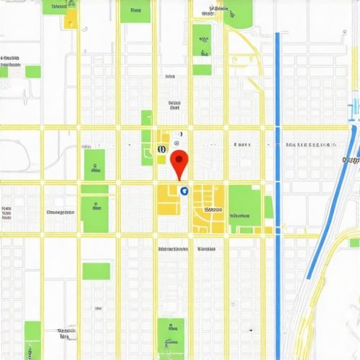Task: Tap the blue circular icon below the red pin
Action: (x=184, y=191)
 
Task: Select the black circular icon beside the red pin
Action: (x=160, y=149)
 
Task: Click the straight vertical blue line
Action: (x=278, y=180)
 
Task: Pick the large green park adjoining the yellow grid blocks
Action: (x=245, y=204)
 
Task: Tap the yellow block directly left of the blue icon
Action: (x=168, y=199)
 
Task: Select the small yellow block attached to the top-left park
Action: (x=70, y=19)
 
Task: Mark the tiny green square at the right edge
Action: (x=354, y=243)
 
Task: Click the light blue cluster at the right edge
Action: (x=354, y=112)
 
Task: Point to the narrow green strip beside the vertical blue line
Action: (x=269, y=207)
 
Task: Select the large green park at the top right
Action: (x=238, y=12)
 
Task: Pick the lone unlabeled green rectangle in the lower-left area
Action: (x=96, y=271)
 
